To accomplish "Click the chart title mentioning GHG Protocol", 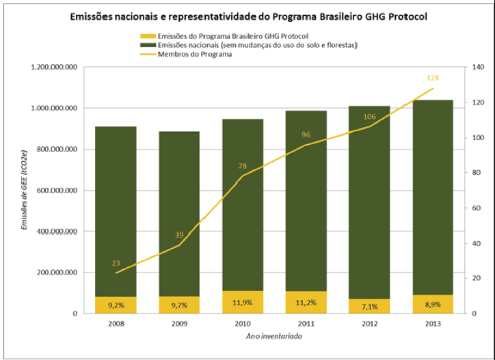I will tap(247, 15).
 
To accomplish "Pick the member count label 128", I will tap(431, 78).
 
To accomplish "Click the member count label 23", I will tap(116, 263).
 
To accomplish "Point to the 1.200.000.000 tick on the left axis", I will tap(52, 68).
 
